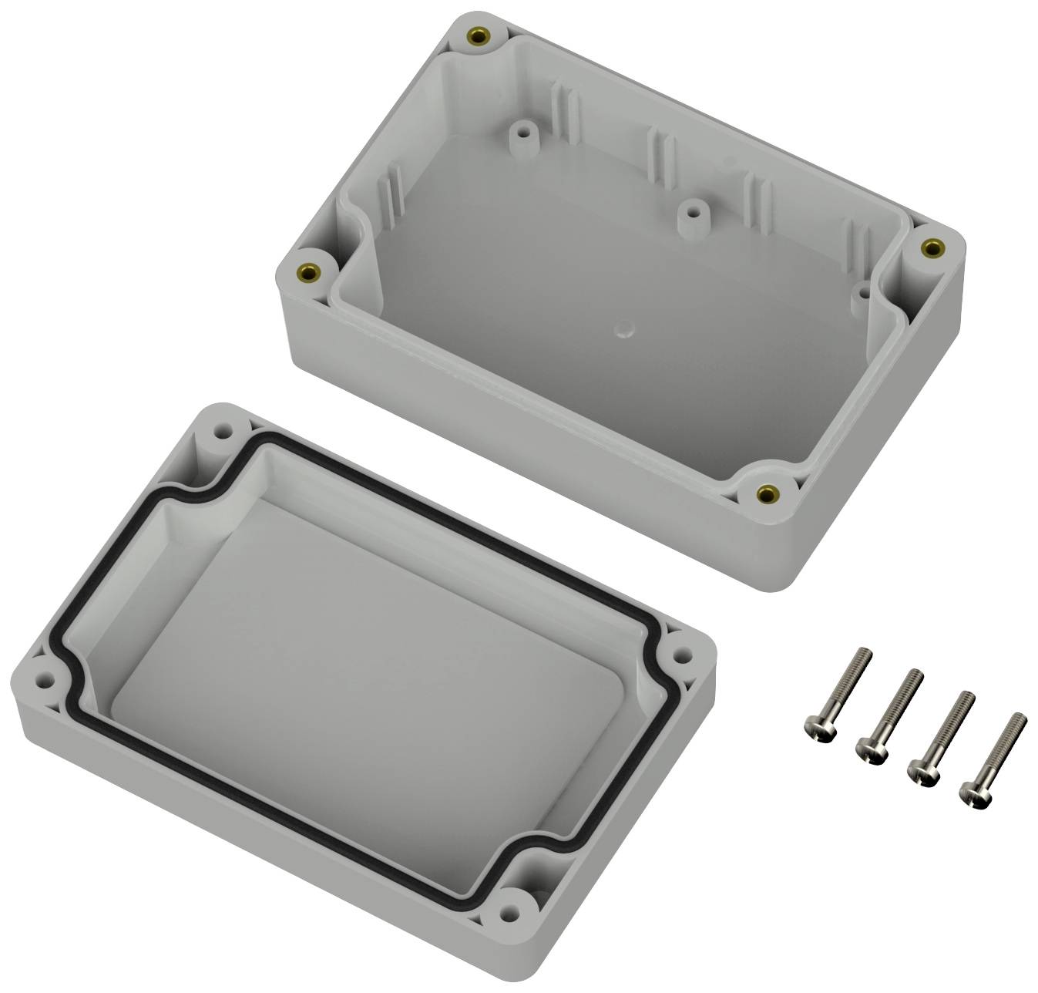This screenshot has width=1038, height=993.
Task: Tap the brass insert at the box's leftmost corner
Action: click(311, 271)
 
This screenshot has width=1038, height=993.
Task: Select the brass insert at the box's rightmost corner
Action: click(932, 247)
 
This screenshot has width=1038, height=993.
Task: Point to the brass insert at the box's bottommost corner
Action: click(766, 493)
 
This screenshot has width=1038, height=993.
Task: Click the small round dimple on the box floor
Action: click(622, 329)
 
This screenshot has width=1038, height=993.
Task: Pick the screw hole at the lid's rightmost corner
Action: click(682, 655)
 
